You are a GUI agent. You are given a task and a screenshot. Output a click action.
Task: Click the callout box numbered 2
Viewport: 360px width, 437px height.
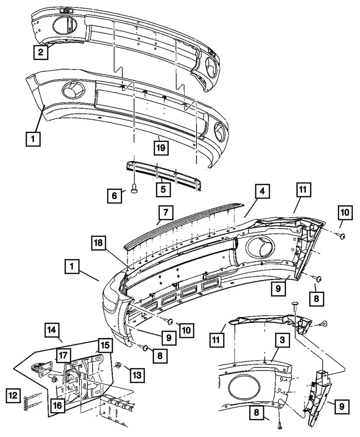pyautogui.click(x=40, y=53)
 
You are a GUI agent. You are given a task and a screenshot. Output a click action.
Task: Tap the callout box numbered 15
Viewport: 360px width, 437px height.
pyautogui.click(x=104, y=346)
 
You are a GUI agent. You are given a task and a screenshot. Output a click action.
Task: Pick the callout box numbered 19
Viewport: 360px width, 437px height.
pyautogui.click(x=160, y=148)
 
